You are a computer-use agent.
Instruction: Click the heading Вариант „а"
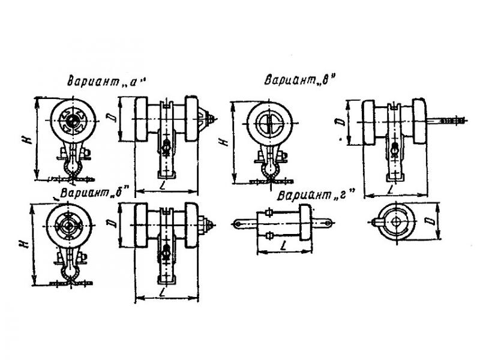(106, 81)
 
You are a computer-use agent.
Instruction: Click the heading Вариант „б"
(97, 193)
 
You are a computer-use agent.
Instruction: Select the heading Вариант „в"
(300, 80)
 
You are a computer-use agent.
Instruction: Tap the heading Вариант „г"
(316, 194)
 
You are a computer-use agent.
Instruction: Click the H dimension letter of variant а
(28, 140)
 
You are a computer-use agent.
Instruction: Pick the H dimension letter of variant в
(224, 142)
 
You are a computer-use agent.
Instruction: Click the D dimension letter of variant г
(431, 221)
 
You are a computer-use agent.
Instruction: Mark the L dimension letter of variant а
(163, 185)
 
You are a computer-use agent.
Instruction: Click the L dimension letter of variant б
(163, 291)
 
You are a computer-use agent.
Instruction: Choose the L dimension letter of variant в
(390, 189)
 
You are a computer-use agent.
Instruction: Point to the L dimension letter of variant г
(284, 245)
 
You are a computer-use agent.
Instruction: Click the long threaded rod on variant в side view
(446, 121)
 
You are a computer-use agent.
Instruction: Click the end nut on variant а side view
(211, 118)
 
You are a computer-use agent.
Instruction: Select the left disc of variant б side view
(142, 225)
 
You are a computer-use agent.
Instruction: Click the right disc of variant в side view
(419, 121)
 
